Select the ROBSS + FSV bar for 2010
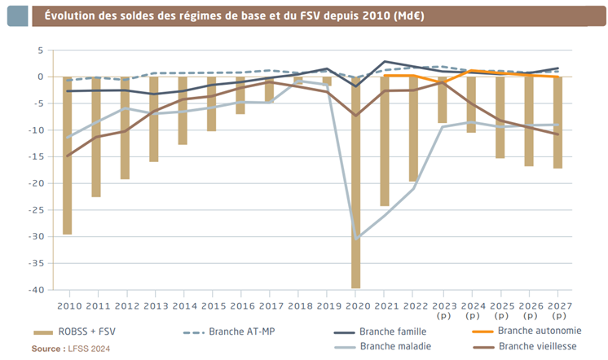(67, 155)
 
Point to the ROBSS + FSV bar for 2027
(557, 122)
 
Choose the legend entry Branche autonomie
(538, 331)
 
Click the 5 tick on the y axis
(38, 50)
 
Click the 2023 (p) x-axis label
(442, 310)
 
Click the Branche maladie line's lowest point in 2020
(356, 238)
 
